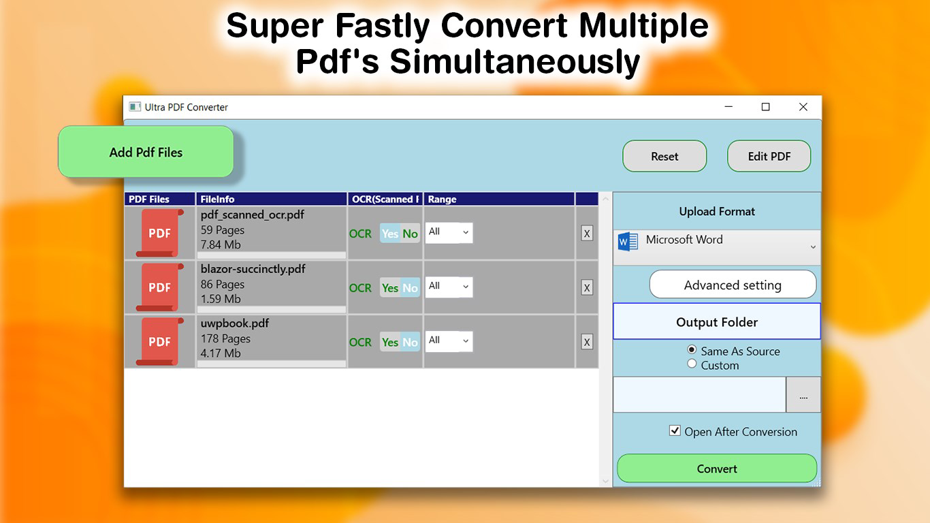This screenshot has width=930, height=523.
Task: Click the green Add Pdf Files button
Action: [x=146, y=153]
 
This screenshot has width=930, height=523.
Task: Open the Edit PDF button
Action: [x=769, y=157]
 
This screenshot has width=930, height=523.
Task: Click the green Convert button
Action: [x=716, y=469]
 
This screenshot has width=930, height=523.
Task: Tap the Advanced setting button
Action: [x=732, y=285]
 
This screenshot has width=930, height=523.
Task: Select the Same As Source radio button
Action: [x=692, y=350]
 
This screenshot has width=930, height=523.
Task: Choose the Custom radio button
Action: [x=692, y=364]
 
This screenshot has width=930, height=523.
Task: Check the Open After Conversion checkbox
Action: [x=675, y=430]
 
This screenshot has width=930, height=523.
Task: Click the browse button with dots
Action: [x=803, y=395]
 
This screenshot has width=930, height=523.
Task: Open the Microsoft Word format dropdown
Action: [x=716, y=247]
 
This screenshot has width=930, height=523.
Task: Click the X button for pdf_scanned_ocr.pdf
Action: [x=587, y=234]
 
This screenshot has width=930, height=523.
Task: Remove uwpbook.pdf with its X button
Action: [x=587, y=342]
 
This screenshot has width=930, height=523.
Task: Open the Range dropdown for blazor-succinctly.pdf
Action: [x=449, y=287]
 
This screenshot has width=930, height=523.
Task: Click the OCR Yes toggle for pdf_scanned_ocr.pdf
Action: [x=390, y=234]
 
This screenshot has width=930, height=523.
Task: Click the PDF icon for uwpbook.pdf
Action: [x=159, y=342]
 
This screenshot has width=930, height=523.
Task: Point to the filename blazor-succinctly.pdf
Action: [x=253, y=269]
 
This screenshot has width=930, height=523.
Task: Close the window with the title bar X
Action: [x=803, y=107]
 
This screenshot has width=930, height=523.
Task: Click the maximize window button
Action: [x=765, y=107]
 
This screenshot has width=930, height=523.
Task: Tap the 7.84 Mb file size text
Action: [x=221, y=244]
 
